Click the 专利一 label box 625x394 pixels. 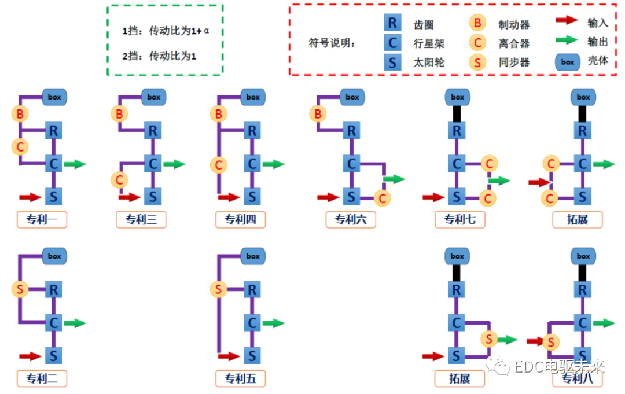42,219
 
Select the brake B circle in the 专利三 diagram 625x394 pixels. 119,114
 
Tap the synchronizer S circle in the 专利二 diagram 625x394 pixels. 20,289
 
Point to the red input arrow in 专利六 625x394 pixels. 328,197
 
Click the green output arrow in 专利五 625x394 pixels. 274,323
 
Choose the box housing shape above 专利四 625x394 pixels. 253,97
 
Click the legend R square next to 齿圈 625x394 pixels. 392,23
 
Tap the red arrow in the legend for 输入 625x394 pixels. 567,21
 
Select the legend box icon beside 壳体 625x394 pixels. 568,62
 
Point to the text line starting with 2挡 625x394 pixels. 159,56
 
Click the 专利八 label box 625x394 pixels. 578,378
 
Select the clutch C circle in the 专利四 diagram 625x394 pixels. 218,165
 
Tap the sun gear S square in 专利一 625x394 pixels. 54,196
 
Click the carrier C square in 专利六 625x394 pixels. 351,164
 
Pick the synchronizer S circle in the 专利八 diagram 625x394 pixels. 551,343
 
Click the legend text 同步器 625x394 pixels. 514,62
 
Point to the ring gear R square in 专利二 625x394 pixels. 54,289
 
